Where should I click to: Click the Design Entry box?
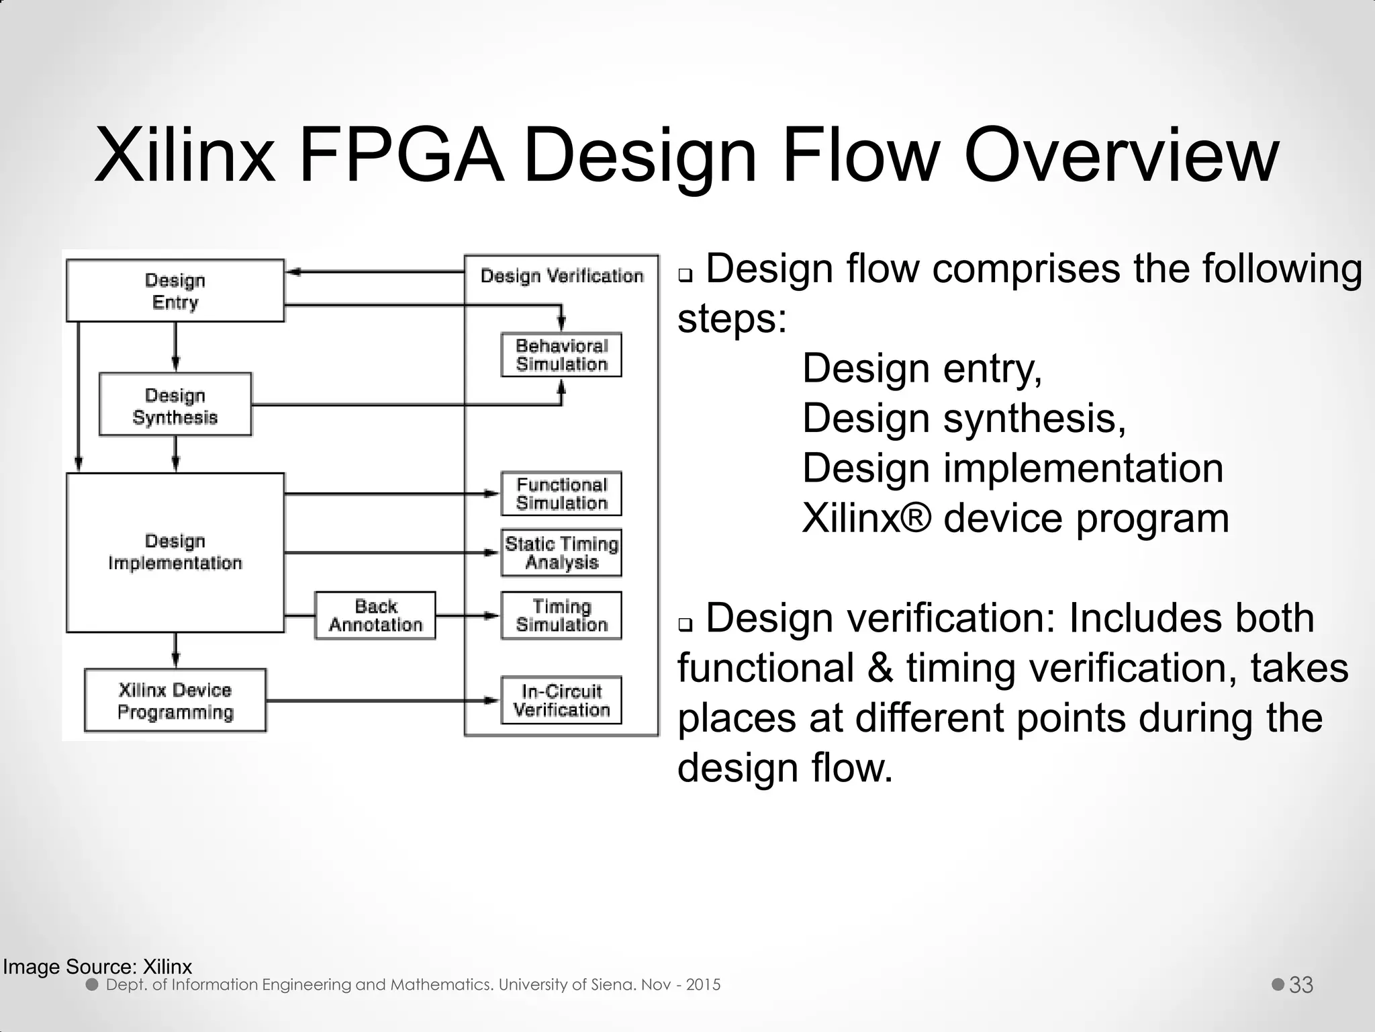[175, 291]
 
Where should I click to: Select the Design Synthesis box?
[175, 406]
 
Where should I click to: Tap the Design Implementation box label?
[175, 552]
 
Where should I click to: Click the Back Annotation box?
[375, 615]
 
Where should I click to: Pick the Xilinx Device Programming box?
[175, 701]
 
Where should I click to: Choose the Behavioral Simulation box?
[561, 355]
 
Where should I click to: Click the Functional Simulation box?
[561, 494]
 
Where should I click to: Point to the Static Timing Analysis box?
[561, 553]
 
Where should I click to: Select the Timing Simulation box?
[561, 615]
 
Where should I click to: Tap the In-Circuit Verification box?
[561, 700]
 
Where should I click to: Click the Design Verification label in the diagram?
[562, 275]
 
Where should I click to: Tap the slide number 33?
[1301, 985]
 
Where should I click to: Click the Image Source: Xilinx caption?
[97, 967]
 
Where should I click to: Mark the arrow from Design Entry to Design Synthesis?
[175, 347]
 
